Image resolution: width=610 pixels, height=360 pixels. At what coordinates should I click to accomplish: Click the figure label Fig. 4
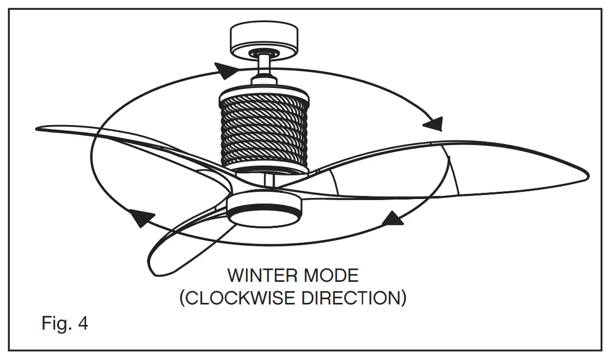(x=65, y=324)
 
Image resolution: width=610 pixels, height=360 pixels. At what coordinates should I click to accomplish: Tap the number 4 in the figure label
(x=83, y=324)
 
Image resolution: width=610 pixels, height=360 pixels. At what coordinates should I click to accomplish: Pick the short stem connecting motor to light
(x=267, y=180)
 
